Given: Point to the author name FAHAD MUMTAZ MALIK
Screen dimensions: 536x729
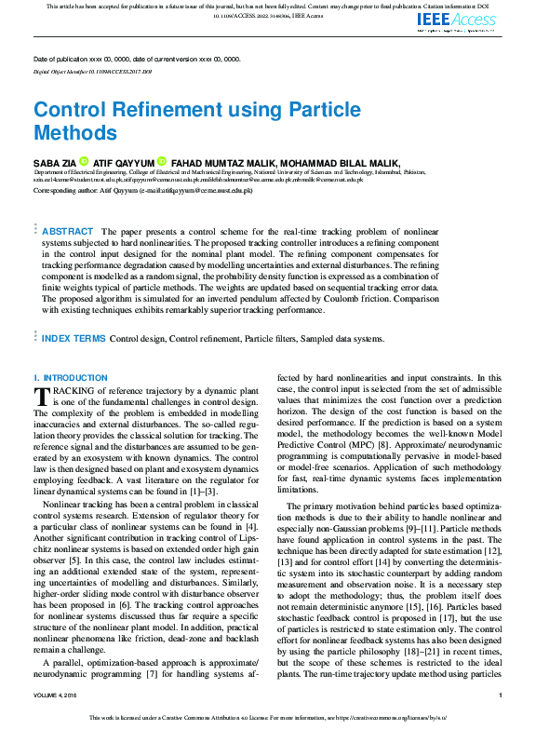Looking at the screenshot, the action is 221,161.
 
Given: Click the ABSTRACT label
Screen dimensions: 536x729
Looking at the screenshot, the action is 68,231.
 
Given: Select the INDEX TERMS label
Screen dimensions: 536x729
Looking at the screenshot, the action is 74,338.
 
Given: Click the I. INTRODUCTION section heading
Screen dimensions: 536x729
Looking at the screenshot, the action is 70,377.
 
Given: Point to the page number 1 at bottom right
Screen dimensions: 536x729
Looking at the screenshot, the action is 501,695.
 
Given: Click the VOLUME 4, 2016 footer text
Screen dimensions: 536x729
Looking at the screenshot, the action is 58,695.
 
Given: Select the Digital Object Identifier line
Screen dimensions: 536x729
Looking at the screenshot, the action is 92,71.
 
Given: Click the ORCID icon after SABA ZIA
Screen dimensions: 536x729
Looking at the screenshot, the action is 83,161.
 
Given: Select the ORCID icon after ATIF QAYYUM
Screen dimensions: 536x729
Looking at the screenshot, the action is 161,161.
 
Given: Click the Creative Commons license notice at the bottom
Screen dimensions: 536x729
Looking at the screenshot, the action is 267,718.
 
